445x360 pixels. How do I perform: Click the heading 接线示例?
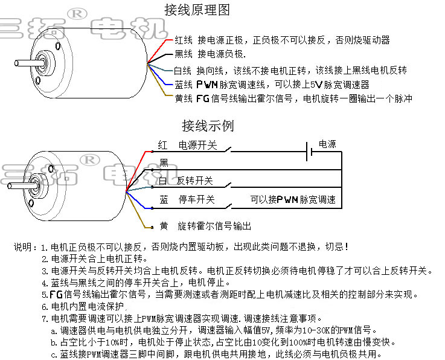[x=207, y=126]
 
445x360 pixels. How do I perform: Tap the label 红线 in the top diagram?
[x=184, y=40]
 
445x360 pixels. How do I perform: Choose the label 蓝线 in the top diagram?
[x=183, y=85]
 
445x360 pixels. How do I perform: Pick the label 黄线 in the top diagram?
[x=184, y=98]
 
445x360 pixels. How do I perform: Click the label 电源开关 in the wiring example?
[x=197, y=146]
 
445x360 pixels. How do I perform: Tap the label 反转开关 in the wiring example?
[x=194, y=181]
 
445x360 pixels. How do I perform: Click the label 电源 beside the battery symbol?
[x=327, y=144]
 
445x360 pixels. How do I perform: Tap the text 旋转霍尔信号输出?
[x=214, y=226]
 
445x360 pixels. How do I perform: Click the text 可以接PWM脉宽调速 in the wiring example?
[x=293, y=199]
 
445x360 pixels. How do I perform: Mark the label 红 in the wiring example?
[x=162, y=146]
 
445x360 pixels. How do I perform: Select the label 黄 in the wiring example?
[x=164, y=226]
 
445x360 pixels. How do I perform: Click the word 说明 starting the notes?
[x=25, y=247]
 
